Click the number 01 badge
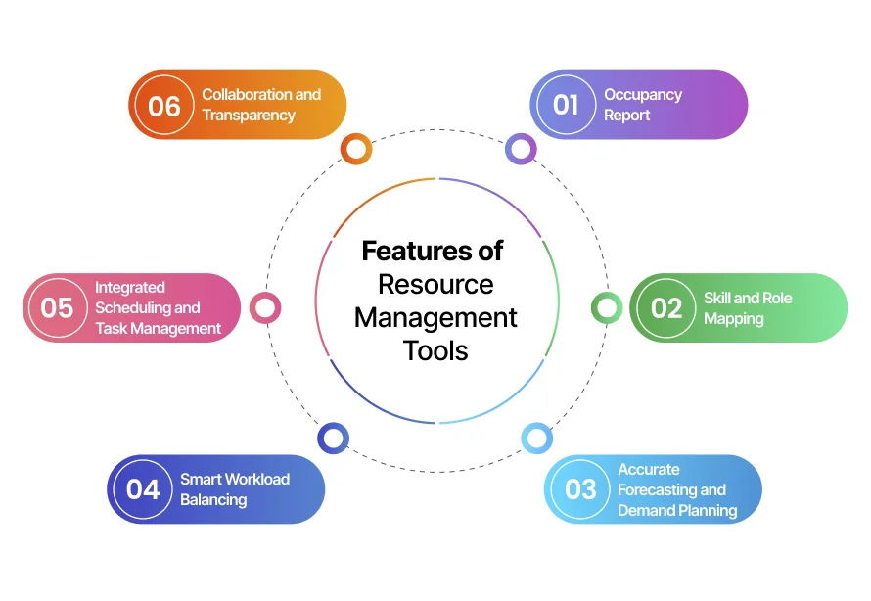pyautogui.click(x=566, y=105)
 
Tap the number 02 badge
pyautogui.click(x=665, y=308)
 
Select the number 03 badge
pyautogui.click(x=580, y=489)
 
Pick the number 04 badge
pyautogui.click(x=143, y=489)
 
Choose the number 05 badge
pyautogui.click(x=57, y=308)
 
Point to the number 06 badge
pyautogui.click(x=164, y=105)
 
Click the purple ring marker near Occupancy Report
pyautogui.click(x=521, y=149)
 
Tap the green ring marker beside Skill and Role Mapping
pyautogui.click(x=607, y=308)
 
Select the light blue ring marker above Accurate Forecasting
pyautogui.click(x=536, y=438)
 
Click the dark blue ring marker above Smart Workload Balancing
pyautogui.click(x=333, y=438)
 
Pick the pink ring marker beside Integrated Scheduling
pyautogui.click(x=265, y=308)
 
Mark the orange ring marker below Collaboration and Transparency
pyautogui.click(x=356, y=149)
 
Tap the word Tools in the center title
pyautogui.click(x=435, y=349)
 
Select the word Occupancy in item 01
pyautogui.click(x=643, y=95)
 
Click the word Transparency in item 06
pyautogui.click(x=249, y=116)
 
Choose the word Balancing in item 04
pyautogui.click(x=213, y=500)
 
